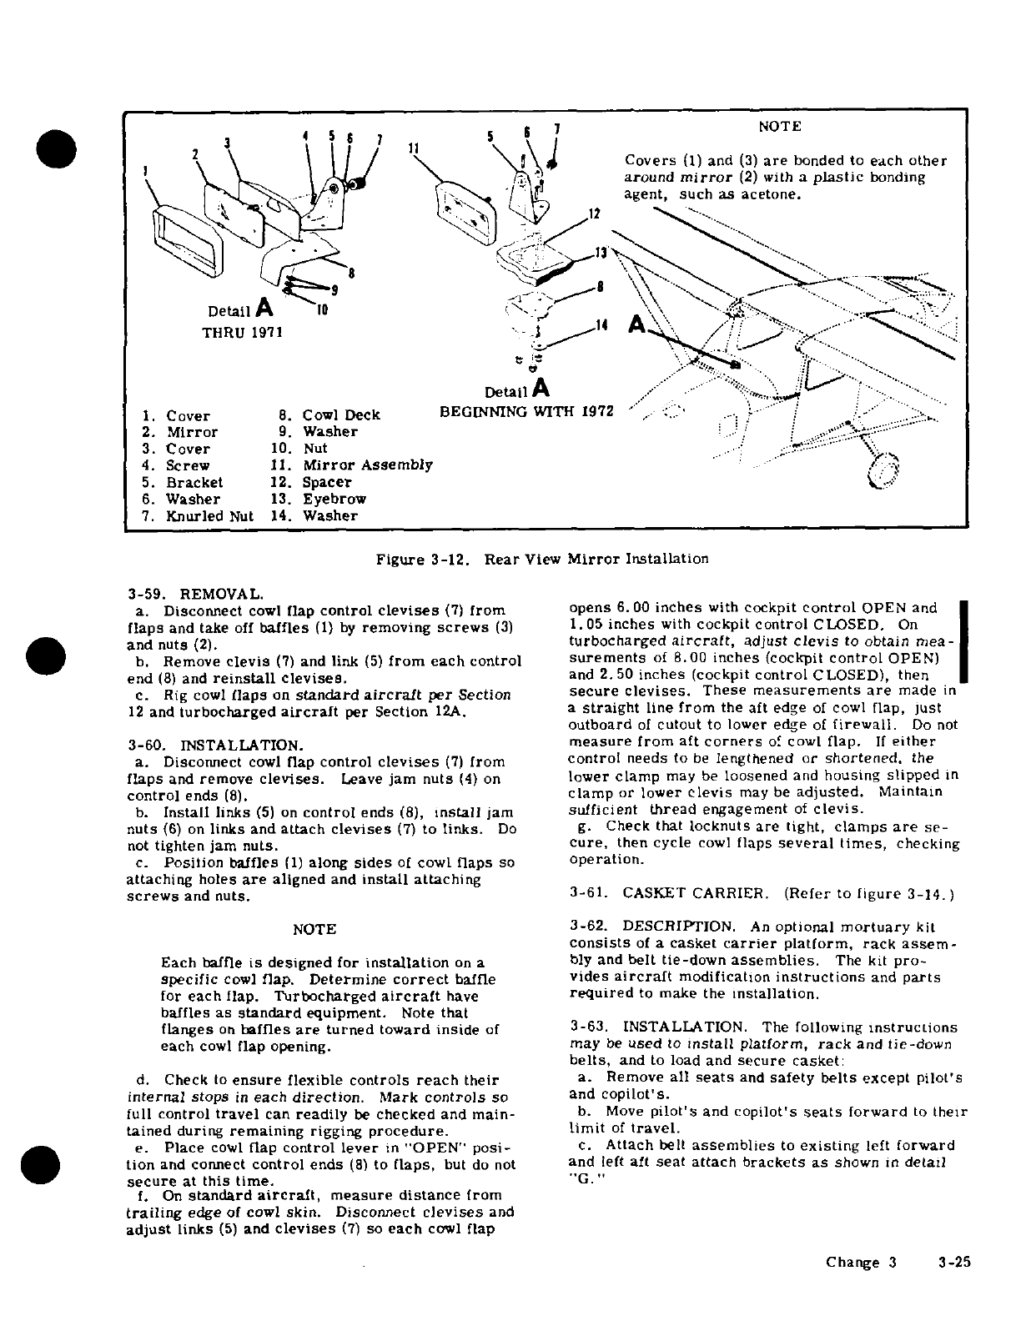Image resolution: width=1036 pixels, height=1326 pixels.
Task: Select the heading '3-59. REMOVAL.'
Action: (195, 595)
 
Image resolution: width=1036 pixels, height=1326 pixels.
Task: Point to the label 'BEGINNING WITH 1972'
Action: (526, 411)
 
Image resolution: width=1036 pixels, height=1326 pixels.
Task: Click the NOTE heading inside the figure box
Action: (779, 127)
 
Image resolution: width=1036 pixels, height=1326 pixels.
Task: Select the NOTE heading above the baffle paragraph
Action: (314, 929)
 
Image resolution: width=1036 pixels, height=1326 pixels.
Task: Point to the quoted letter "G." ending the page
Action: (581, 1179)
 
